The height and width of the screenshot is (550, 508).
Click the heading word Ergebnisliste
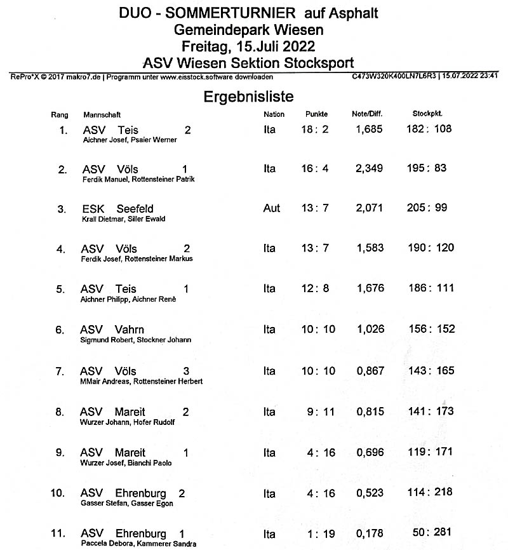[x=248, y=97]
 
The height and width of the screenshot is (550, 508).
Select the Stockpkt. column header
[x=427, y=114]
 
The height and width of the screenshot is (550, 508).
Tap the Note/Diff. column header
[x=369, y=114]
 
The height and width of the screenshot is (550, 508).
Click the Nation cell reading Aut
[x=271, y=208]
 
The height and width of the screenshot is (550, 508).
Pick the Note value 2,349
[x=370, y=169]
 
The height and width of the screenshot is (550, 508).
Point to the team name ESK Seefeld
[x=117, y=208]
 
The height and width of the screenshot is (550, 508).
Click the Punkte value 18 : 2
[x=314, y=130]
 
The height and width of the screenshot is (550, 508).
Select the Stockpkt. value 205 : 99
[x=430, y=208]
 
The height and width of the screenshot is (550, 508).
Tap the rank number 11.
[x=59, y=533]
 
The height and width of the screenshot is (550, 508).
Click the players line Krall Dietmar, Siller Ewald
[x=124, y=219]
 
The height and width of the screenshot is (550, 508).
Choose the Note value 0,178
[x=370, y=533]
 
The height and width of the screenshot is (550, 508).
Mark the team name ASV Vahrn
[x=112, y=330]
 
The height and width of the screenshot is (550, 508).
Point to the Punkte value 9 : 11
[x=320, y=412]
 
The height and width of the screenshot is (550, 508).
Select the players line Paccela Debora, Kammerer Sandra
[x=138, y=544]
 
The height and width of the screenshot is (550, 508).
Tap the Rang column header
[x=59, y=115]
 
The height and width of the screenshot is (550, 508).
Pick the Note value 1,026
[x=370, y=329]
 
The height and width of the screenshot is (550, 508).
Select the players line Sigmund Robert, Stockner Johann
[x=136, y=340]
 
